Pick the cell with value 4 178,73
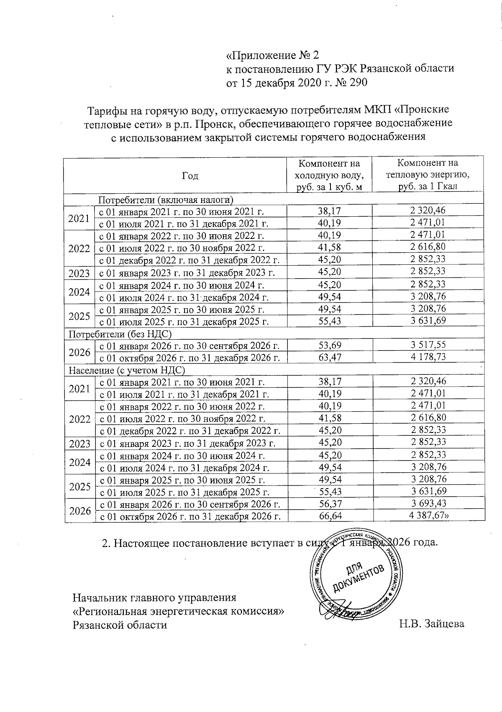(428, 357)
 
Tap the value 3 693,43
(428, 504)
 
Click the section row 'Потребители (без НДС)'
(120, 334)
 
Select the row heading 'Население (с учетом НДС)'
(126, 370)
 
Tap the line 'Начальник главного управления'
(155, 597)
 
